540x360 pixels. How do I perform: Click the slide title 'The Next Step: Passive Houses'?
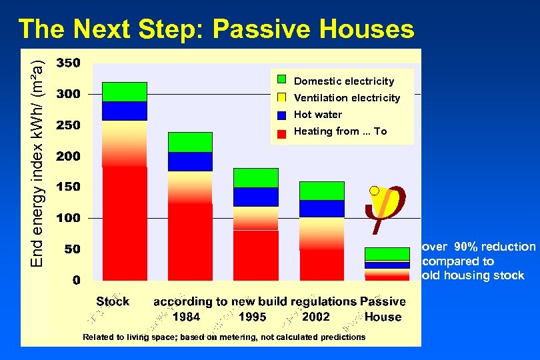(216, 29)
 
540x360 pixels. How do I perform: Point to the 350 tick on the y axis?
(69, 63)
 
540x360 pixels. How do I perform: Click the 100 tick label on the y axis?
(69, 218)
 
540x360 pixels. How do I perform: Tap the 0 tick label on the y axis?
(77, 280)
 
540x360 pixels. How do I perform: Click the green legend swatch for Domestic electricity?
(281, 81)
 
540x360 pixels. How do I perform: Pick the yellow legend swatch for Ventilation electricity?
(281, 97)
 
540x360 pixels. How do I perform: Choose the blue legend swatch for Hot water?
(281, 115)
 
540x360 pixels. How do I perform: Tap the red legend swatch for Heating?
(281, 132)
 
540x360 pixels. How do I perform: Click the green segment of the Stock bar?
(124, 91)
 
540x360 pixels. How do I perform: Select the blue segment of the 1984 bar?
(190, 161)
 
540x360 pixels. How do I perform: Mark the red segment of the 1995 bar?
(255, 255)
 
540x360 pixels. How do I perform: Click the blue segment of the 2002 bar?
(321, 209)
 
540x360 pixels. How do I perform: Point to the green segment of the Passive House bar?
(387, 254)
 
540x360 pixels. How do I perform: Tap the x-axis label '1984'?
(186, 317)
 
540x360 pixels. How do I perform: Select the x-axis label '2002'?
(315, 317)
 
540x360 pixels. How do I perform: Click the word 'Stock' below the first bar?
(113, 301)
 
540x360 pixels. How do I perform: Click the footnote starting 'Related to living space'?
(224, 337)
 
